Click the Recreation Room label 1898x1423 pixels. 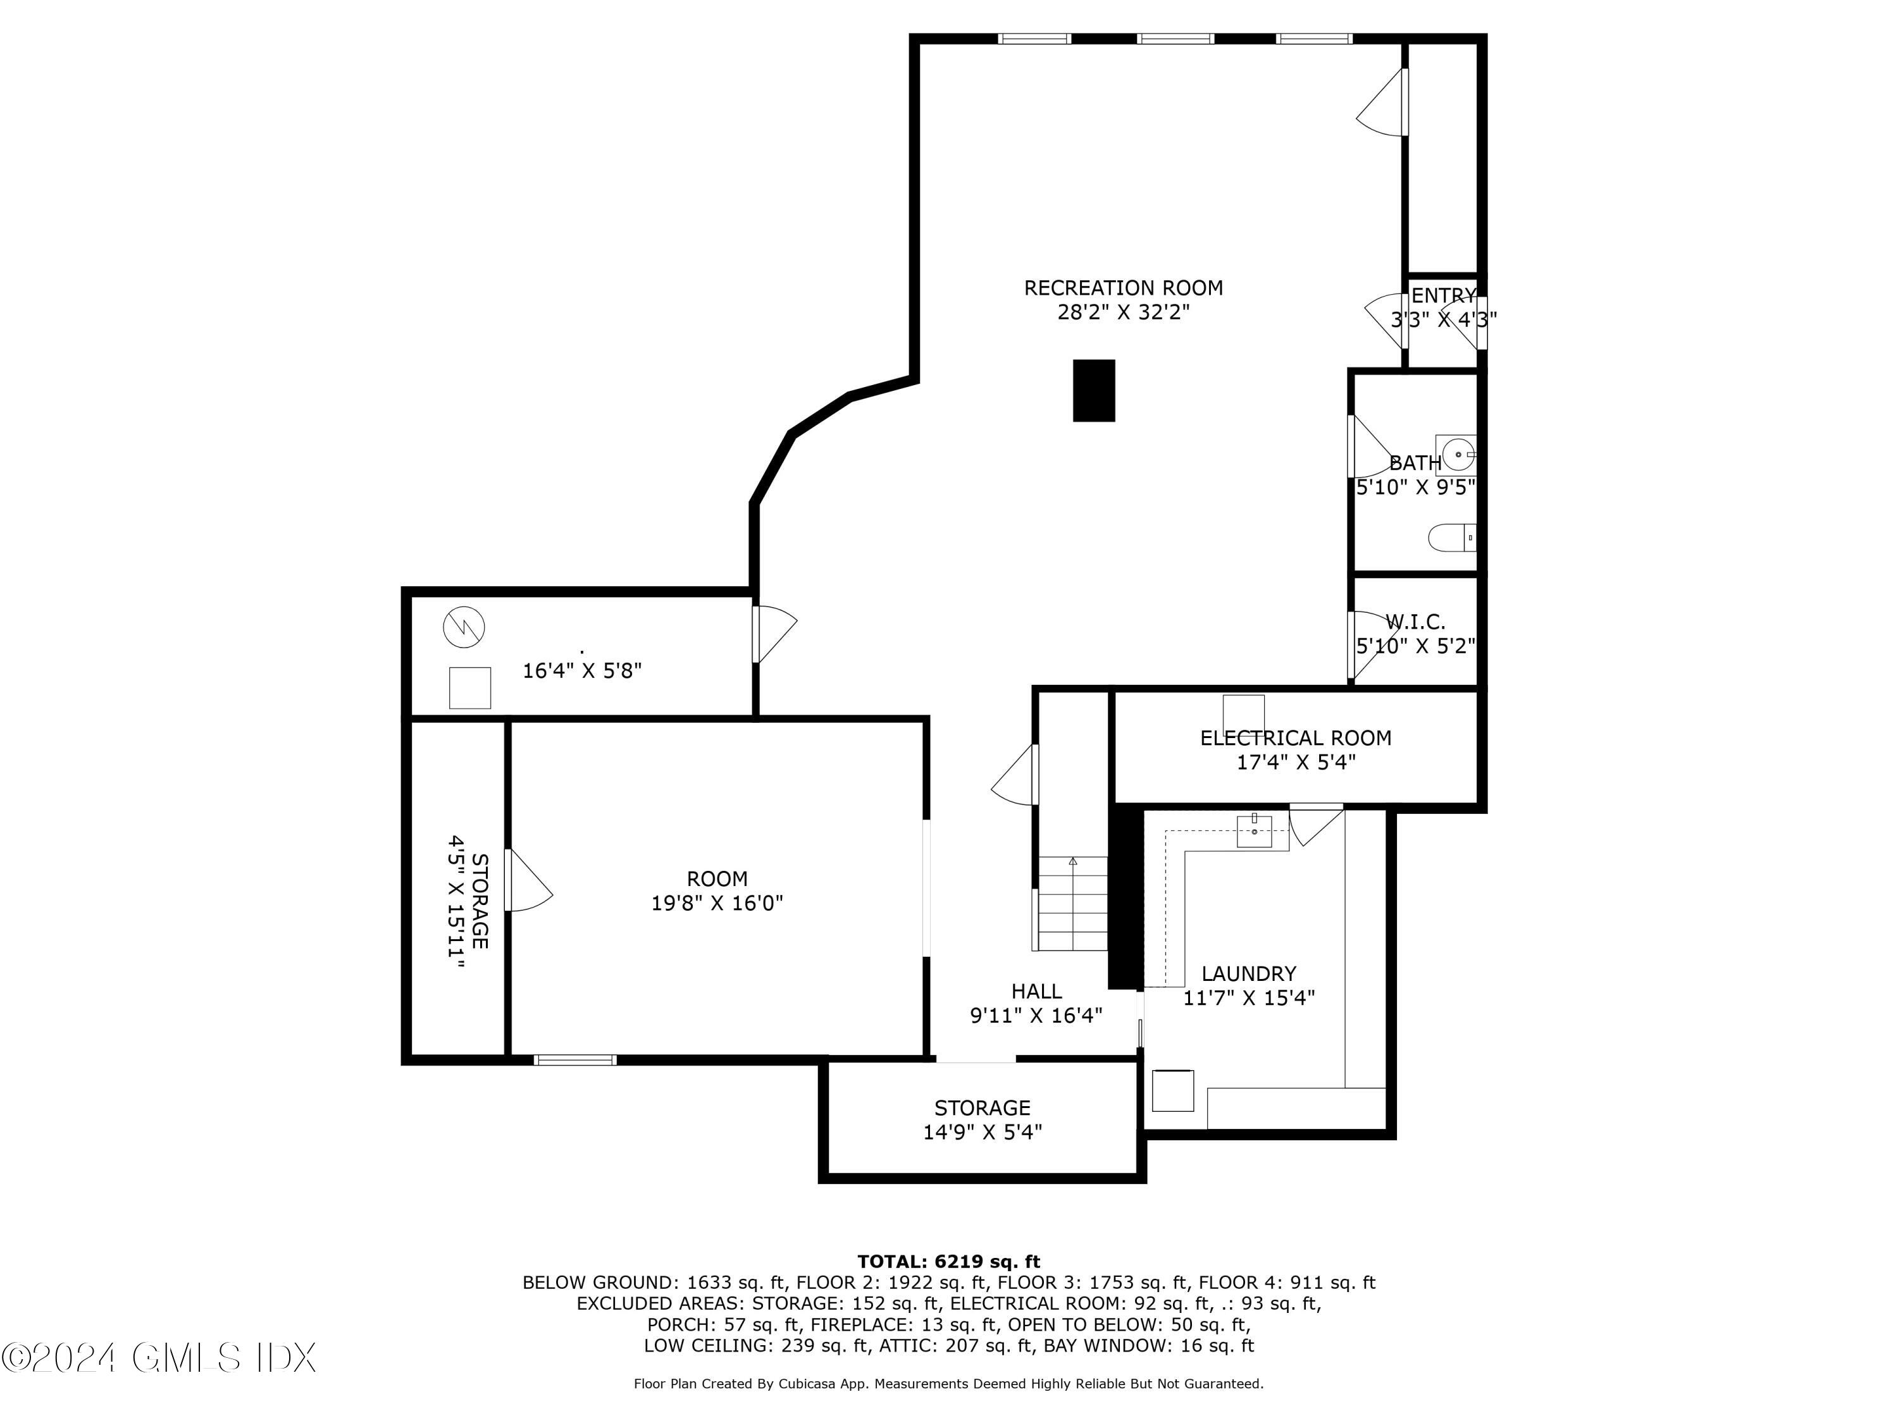1123,288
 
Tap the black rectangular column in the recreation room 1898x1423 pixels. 1094,390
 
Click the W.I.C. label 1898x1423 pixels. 1415,622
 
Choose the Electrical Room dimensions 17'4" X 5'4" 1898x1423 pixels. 1296,761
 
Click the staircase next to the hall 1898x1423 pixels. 1072,903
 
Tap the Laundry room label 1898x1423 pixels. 1248,973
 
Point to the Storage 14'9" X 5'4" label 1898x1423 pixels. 983,1120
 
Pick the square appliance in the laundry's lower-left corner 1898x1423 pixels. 1173,1090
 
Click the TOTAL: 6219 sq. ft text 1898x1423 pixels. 948,1262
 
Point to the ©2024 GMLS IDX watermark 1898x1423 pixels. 159,1358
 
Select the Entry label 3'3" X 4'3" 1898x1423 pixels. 1444,308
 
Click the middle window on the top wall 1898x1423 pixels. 1175,39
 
